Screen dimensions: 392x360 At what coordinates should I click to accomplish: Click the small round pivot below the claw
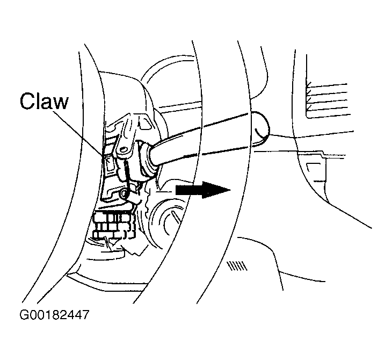(x=125, y=192)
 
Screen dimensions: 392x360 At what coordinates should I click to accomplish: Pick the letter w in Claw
(x=61, y=102)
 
